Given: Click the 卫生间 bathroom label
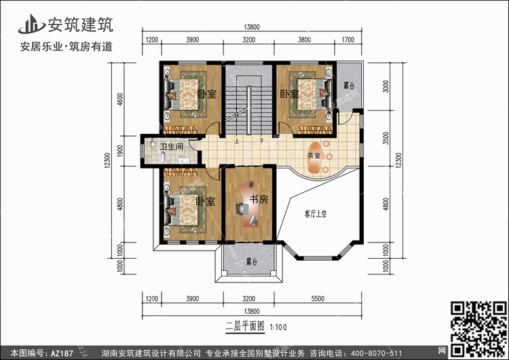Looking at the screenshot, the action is pyautogui.click(x=172, y=147).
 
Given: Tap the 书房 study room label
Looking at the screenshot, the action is pyautogui.click(x=259, y=199).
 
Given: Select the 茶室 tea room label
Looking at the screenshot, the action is pyautogui.click(x=314, y=156).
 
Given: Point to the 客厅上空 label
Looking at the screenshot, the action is pyautogui.click(x=316, y=214).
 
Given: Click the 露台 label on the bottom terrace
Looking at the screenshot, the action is pyautogui.click(x=252, y=262).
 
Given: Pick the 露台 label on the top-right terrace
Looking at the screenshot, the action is pyautogui.click(x=349, y=86).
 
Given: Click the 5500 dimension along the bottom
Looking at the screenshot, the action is pyautogui.click(x=318, y=299).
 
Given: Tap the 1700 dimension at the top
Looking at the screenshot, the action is pyautogui.click(x=347, y=39).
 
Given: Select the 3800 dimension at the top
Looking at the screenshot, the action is pyautogui.click(x=304, y=39).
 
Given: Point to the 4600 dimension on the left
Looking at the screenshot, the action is pyautogui.click(x=120, y=99).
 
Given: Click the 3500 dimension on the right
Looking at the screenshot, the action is pyautogui.click(x=385, y=138).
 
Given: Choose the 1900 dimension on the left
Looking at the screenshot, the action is pyautogui.click(x=120, y=151).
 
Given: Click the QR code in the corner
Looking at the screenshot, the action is pyautogui.click(x=478, y=329).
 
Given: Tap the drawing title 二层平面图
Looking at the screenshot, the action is pyautogui.click(x=245, y=326).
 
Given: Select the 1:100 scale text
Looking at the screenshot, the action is pyautogui.click(x=278, y=327).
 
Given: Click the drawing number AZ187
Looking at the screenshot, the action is pyautogui.click(x=62, y=353).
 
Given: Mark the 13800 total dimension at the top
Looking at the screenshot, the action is pyautogui.click(x=252, y=27).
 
